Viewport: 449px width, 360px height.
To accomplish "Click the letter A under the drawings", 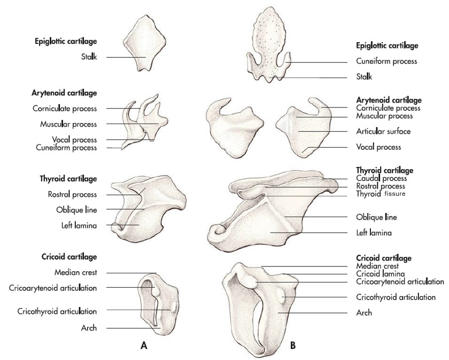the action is coord(144,346).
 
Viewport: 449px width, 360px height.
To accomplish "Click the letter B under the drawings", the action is coord(293,346).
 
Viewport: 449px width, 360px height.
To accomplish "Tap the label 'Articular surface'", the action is coord(383,131).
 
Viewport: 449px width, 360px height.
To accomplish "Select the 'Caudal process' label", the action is coord(382,178).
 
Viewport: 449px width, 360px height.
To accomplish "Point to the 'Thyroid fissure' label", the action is coord(381,194).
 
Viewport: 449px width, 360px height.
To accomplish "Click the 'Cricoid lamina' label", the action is coord(380,274).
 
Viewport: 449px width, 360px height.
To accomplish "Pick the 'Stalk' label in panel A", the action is coord(89,57).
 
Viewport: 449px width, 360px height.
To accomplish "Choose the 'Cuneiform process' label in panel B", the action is coord(386,61).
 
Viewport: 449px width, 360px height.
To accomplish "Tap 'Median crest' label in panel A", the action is coord(75,272).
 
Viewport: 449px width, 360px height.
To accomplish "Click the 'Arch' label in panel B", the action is coord(364,312).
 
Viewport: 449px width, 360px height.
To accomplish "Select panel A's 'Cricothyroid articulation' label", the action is coord(57,311).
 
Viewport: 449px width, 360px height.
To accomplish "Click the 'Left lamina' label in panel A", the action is coord(79,225).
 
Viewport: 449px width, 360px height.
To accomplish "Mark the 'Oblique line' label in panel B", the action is coord(376,217).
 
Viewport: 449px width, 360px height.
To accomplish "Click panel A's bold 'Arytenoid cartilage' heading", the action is coord(64,93).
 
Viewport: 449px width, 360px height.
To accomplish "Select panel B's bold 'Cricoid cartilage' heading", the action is coord(384,258).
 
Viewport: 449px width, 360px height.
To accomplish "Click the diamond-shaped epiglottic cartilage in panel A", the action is coord(145,43).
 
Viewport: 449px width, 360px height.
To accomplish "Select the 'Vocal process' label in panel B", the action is coord(378,147).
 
